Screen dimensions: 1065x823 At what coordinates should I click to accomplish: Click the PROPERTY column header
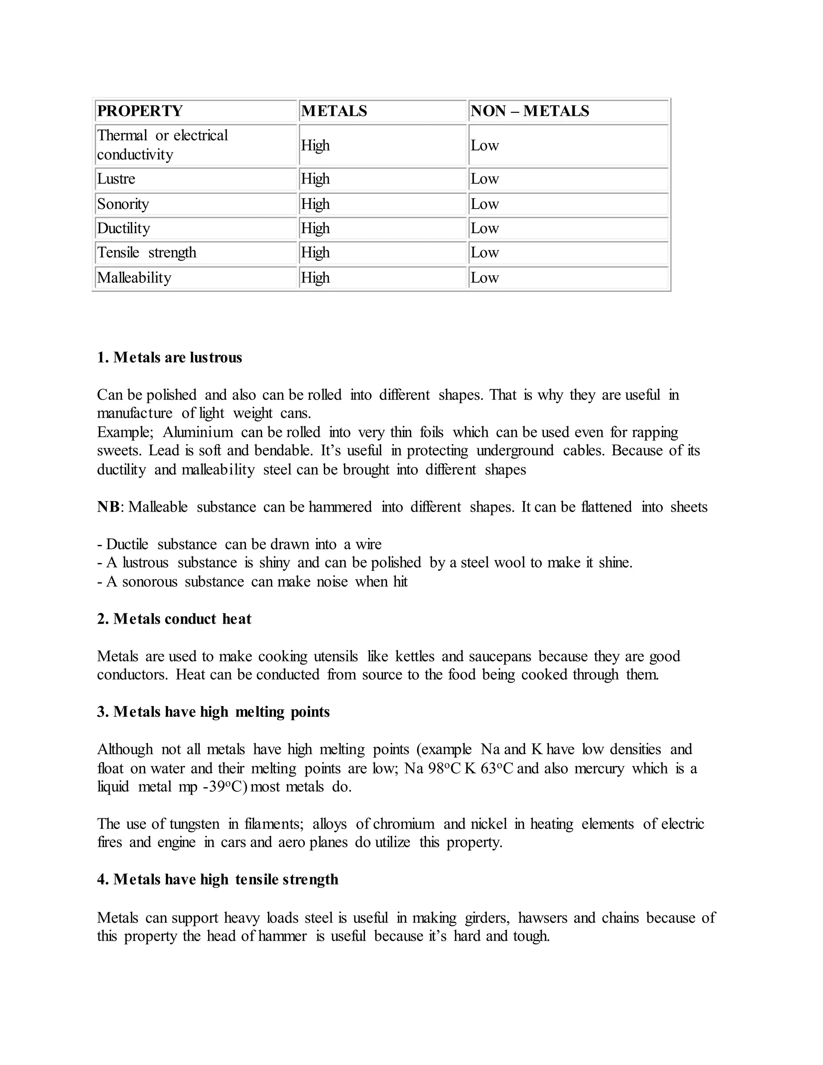140,111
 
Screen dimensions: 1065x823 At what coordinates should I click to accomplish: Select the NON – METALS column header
530,111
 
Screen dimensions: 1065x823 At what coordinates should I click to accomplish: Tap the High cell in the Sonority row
315,204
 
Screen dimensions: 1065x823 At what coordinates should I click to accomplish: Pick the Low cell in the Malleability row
485,277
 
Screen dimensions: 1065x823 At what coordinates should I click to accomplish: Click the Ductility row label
123,228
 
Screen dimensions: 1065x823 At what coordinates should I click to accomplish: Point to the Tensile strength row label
147,253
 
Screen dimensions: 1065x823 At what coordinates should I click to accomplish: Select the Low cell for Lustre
485,178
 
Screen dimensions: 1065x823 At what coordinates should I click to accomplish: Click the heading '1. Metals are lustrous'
169,357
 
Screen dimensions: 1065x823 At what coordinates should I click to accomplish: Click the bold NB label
108,507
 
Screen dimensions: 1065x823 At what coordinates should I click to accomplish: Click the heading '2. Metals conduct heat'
174,619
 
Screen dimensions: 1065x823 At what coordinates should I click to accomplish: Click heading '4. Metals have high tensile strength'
217,879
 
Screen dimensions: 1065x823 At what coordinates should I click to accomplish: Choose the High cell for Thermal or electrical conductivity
315,145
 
